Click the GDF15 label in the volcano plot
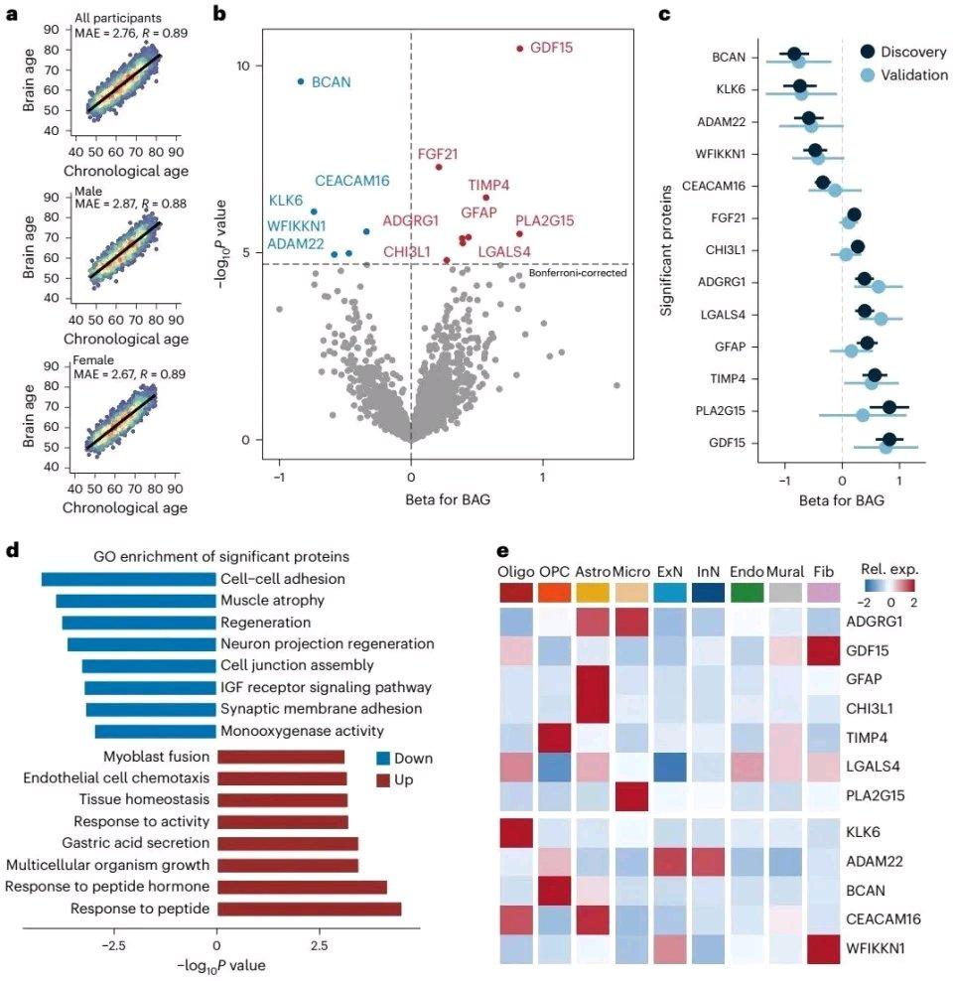[551, 48]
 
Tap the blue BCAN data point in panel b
[301, 81]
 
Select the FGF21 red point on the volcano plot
[439, 167]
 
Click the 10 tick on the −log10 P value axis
[225, 66]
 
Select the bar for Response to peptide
[309, 909]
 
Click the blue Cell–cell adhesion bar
[128, 579]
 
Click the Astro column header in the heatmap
[594, 573]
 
